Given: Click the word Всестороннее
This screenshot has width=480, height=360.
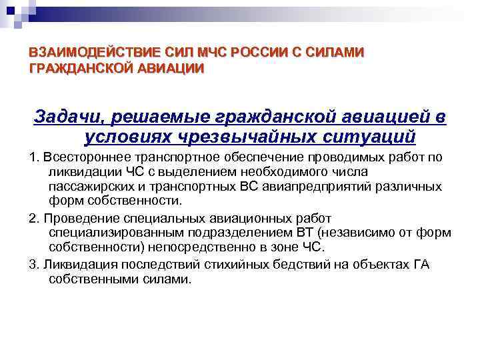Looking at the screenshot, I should [79, 157].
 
